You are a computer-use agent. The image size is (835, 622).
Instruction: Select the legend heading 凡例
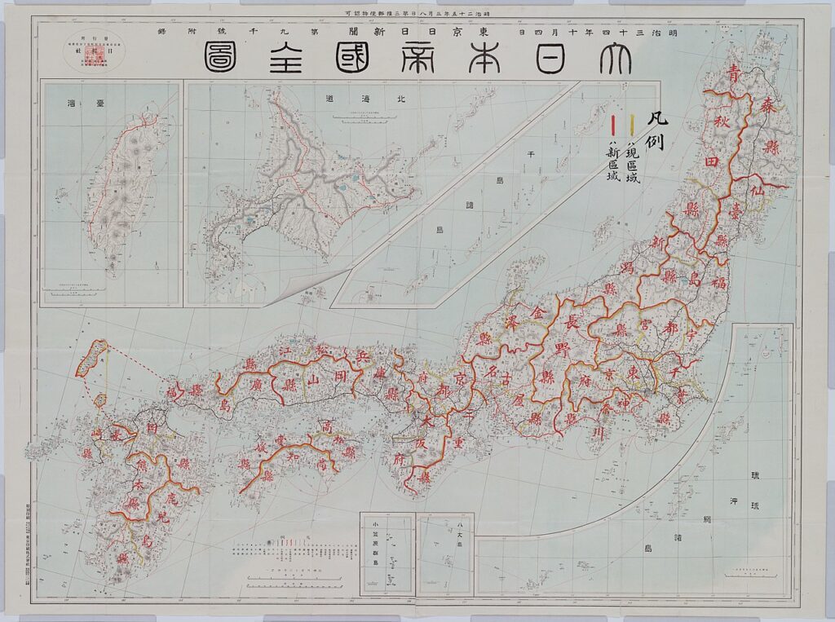(x=656, y=130)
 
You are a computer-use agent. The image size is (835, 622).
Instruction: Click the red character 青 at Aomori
(x=736, y=72)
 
